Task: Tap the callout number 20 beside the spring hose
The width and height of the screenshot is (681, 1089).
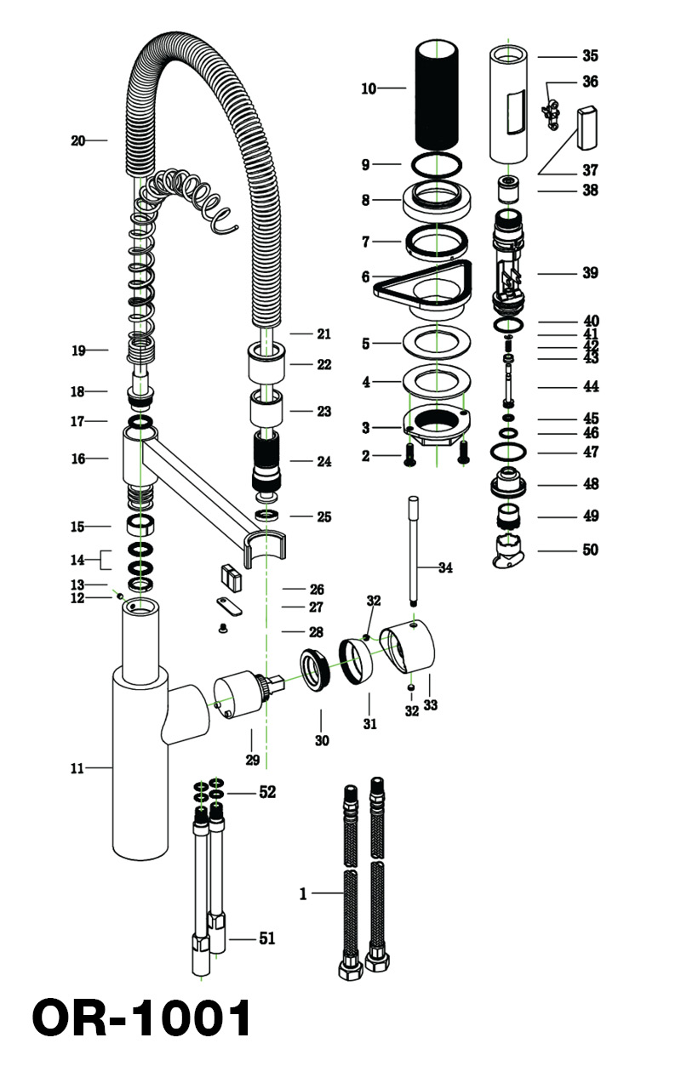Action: [78, 140]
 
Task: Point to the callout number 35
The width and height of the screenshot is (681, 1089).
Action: [590, 56]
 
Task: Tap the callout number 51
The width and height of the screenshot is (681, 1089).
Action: [266, 938]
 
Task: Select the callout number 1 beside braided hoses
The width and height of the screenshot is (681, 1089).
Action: [302, 893]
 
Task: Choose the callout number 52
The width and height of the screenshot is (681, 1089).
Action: [267, 792]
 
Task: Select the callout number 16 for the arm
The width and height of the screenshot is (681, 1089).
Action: [78, 459]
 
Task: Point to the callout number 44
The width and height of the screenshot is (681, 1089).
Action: [590, 386]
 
